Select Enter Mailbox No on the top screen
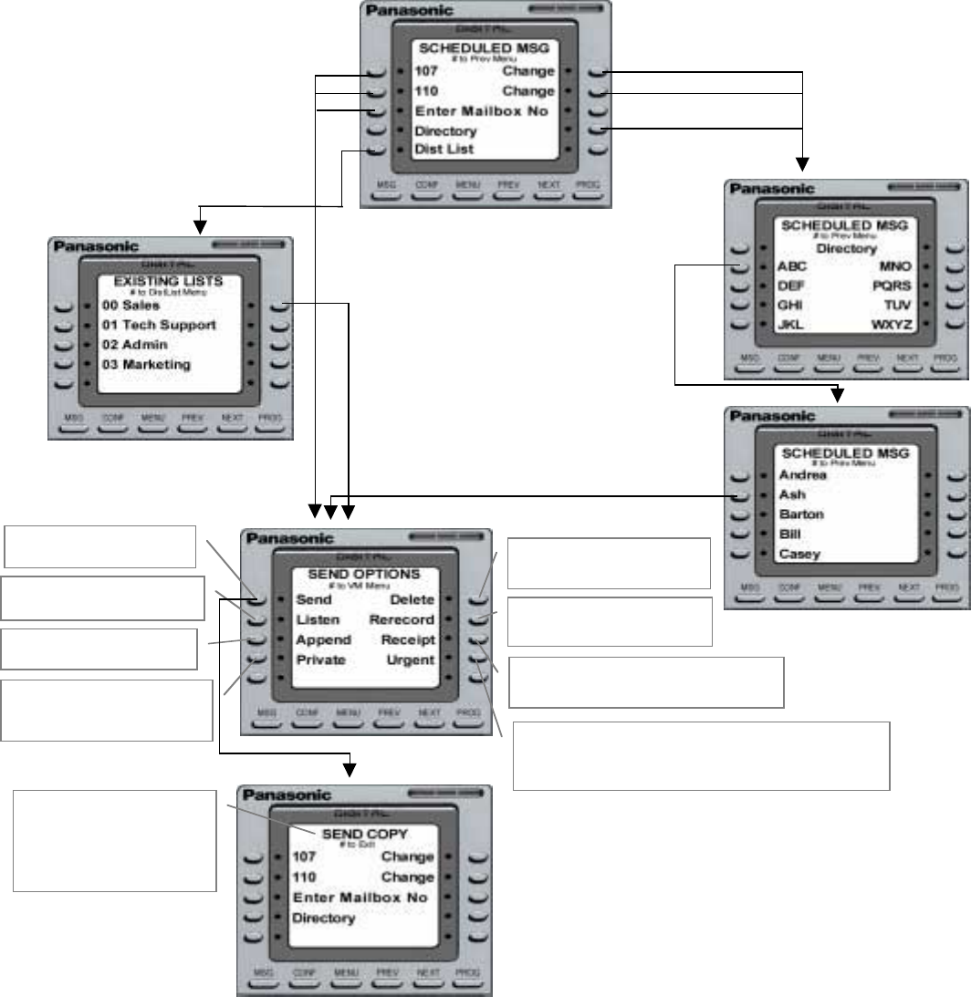481,111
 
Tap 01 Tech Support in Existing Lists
159,326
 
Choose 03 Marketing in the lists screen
146,365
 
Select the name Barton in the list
801,514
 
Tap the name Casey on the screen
799,554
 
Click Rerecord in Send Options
402,620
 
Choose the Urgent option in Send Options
412,659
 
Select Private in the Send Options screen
320,659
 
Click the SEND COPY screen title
363,834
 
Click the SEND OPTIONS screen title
363,575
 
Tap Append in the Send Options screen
323,640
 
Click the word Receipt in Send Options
408,640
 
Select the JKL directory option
790,324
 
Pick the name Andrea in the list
803,475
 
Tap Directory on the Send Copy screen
323,918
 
